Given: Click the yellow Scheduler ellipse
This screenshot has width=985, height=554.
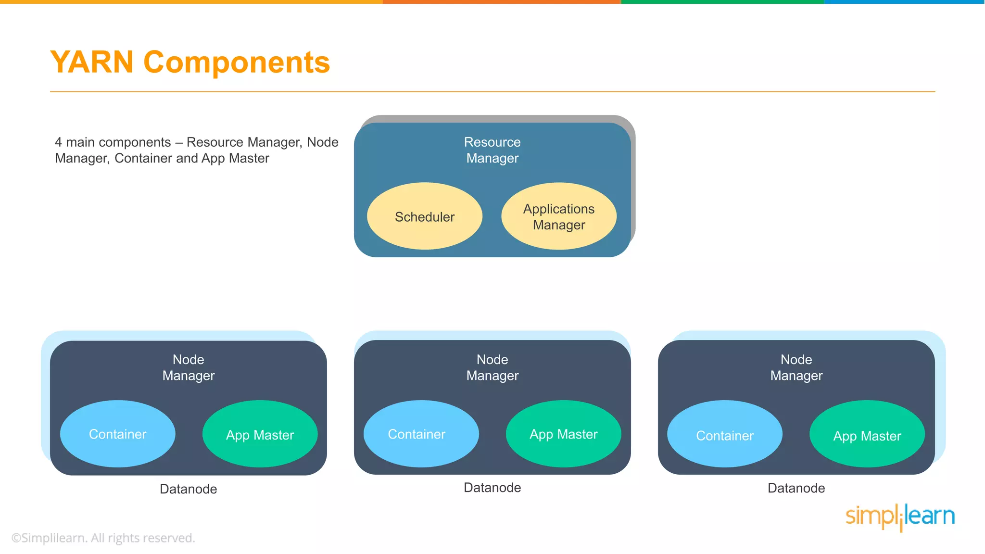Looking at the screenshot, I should [425, 216].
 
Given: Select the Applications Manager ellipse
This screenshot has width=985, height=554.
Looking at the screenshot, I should [559, 216].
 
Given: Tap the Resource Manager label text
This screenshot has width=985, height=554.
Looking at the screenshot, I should [492, 150].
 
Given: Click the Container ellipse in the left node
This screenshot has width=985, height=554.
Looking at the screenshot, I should [118, 434].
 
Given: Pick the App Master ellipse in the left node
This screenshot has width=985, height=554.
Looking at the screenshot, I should [260, 434].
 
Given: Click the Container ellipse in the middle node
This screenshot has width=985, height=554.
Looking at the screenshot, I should [421, 434].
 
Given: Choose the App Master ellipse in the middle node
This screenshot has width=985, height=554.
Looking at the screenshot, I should [563, 434].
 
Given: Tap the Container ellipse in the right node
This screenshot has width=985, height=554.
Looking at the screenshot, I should [725, 434].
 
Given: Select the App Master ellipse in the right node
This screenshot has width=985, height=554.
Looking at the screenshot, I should [867, 434].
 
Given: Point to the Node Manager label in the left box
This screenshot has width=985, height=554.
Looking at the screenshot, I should [189, 367].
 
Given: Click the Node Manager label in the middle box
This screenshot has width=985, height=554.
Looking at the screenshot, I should [492, 367].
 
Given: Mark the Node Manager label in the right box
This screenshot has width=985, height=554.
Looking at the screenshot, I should [796, 367].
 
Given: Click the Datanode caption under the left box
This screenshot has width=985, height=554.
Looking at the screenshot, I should [189, 489].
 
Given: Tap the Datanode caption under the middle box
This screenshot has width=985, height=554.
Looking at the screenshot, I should [492, 488].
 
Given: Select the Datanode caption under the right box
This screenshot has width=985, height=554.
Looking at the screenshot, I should [796, 488].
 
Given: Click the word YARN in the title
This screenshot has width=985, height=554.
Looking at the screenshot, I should [92, 63].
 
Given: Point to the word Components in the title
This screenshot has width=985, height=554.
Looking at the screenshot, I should [237, 63].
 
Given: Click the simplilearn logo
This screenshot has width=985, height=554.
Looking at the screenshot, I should [900, 517].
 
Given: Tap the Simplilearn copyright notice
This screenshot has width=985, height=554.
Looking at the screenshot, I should [103, 538].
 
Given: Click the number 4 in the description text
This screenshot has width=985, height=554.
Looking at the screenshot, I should [58, 142].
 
